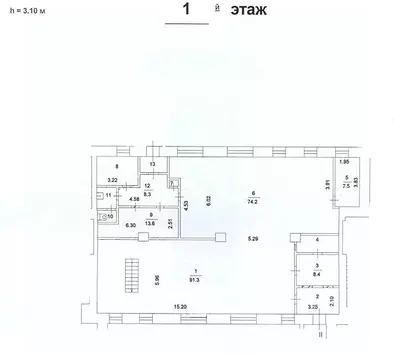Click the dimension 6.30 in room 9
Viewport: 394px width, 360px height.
coord(131,224)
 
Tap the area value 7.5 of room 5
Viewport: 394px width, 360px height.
coord(345,184)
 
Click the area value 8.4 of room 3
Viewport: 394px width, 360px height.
coord(317,272)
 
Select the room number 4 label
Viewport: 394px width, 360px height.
coord(317,241)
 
